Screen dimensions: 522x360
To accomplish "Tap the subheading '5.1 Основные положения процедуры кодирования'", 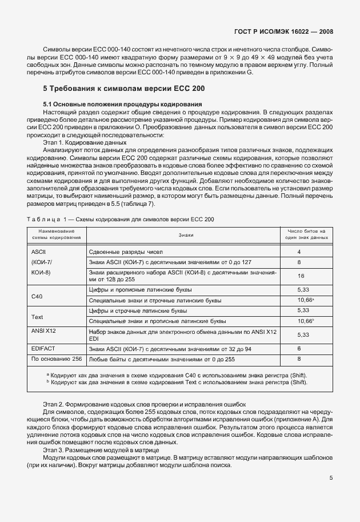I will click(122, 104).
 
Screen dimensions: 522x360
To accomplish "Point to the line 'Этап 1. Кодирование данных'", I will click(85, 142).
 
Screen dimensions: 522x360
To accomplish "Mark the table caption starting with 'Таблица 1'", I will click(121, 219).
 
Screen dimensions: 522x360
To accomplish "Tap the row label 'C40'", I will click(38, 296).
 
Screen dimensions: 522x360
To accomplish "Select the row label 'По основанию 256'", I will click(56, 358).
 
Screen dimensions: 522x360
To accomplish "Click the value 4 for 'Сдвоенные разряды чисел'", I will click(299, 252).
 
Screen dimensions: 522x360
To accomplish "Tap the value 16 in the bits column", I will click(301, 276).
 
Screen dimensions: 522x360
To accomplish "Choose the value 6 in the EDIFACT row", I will click(299, 348).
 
